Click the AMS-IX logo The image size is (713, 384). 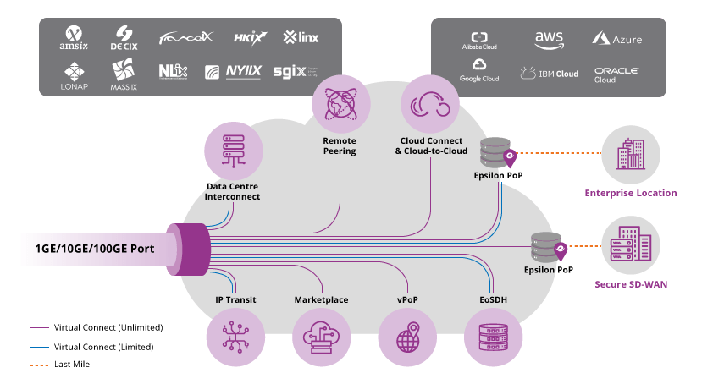click(x=75, y=37)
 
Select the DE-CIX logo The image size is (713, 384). click(x=124, y=37)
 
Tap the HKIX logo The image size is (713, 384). click(x=250, y=37)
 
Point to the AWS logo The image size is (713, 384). click(x=549, y=40)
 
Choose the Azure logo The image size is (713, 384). click(x=616, y=39)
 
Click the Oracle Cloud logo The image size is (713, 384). click(x=616, y=74)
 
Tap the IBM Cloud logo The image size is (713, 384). click(x=549, y=74)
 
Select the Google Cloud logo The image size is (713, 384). click(x=479, y=70)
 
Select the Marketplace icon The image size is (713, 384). click(x=321, y=336)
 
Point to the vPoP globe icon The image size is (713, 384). click(x=407, y=336)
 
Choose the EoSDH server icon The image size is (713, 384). click(x=493, y=336)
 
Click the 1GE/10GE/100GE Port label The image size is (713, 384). click(x=94, y=249)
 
